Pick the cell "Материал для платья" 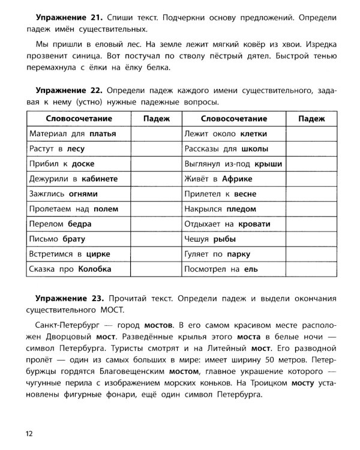coord(72,133)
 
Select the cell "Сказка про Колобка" coord(70,269)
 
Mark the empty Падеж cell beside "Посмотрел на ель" coord(311,269)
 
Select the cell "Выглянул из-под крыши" coord(235,163)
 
